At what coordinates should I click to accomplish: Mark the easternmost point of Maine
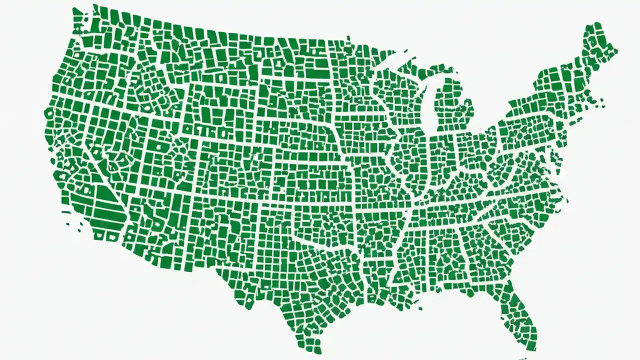coord(616,50)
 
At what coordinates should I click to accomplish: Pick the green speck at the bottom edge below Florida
coord(522,358)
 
